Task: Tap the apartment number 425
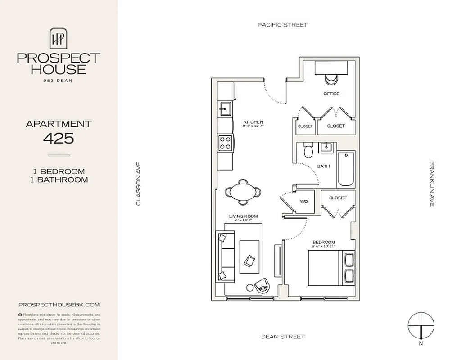(59, 138)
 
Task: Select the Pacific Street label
(283, 25)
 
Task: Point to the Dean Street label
(283, 337)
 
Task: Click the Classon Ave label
(139, 184)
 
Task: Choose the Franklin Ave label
(431, 184)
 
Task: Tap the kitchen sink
(225, 108)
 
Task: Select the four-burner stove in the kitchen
(225, 143)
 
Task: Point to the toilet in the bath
(308, 151)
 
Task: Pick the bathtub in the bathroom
(345, 169)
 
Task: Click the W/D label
(304, 202)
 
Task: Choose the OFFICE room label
(331, 94)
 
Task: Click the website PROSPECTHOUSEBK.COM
(59, 305)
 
